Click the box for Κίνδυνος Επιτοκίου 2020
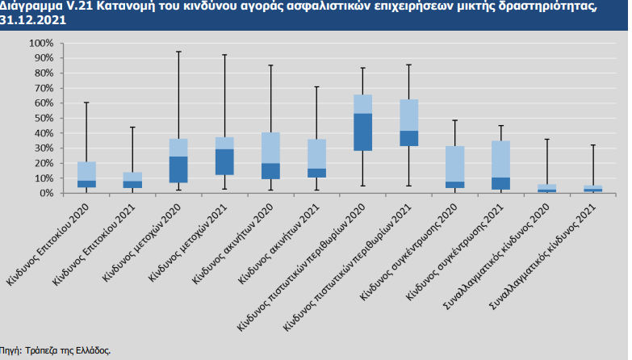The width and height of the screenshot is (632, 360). coord(86,174)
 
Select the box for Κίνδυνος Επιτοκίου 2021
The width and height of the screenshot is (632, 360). coord(132,180)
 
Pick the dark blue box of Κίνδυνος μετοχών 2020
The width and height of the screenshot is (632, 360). coord(178,170)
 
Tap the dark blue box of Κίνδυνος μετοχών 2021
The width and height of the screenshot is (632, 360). coord(224,161)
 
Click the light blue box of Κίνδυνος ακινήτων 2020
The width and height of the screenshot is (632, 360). coord(270,148)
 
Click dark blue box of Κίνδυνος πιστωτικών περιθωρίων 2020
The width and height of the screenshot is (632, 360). coord(363,132)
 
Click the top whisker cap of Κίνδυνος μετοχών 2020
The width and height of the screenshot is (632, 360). coord(178,52)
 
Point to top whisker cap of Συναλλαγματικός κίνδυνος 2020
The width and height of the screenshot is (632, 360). coord(547,140)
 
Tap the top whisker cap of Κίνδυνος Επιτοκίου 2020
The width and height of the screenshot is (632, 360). coord(86,103)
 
